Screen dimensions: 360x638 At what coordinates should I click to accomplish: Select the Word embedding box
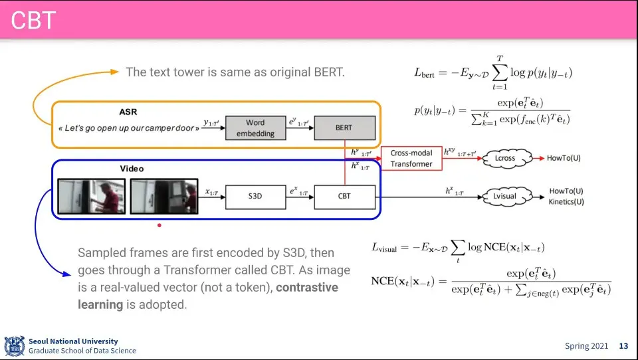coord(255,128)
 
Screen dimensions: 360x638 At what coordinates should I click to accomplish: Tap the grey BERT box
coord(344,128)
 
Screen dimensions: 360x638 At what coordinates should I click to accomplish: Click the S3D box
coord(255,196)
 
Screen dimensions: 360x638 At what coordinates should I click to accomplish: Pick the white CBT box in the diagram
coord(344,196)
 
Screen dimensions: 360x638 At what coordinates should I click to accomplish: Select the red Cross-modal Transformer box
coord(411,159)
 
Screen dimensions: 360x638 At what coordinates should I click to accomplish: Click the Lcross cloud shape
coord(505,159)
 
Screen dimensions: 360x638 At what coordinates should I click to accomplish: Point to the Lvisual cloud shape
coord(505,196)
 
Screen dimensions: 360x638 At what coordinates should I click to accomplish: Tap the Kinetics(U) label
coord(567,201)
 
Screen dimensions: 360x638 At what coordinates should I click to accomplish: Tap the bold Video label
coord(132,169)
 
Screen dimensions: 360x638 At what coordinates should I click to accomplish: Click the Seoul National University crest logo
coord(14,346)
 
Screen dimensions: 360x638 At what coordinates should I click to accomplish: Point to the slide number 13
coord(623,346)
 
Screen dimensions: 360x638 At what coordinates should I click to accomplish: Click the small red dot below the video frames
coord(159,225)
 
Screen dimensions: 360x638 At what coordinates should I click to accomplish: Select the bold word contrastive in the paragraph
coord(307,288)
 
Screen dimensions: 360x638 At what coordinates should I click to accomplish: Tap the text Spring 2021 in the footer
coord(586,346)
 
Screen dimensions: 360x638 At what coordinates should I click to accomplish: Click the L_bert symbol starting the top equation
coord(424,74)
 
